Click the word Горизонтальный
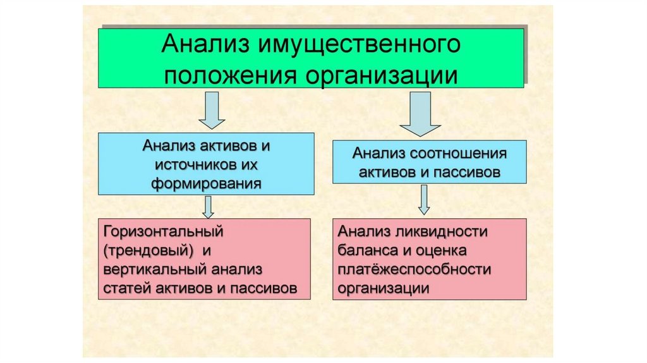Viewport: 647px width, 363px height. (166, 231)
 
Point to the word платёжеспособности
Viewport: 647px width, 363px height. (414, 269)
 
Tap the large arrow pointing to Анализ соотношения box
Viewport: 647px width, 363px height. (420, 114)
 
